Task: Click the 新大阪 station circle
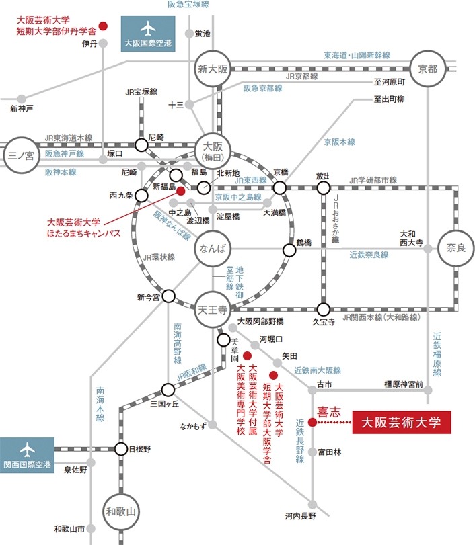(214, 69)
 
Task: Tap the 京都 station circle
(427, 69)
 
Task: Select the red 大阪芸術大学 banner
(400, 423)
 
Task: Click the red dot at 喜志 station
(312, 423)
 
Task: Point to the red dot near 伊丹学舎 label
(103, 26)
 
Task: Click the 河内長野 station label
(299, 516)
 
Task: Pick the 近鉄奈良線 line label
(369, 255)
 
